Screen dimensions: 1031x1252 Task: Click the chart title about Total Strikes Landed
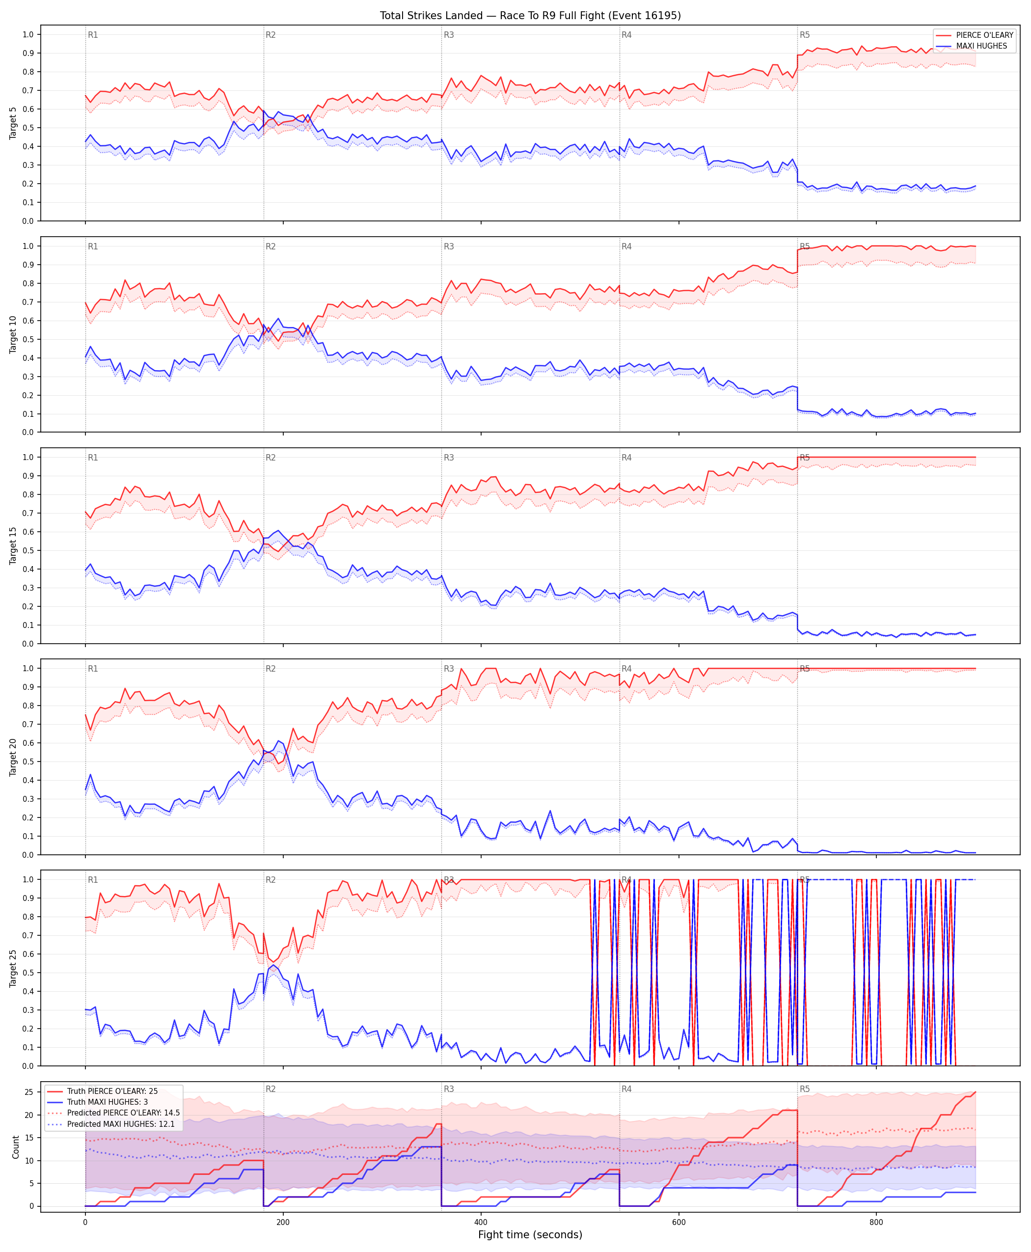tap(530, 15)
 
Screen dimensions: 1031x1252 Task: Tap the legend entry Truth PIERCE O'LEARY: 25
tap(112, 1091)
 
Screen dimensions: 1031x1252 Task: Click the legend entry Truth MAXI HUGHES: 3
tap(108, 1102)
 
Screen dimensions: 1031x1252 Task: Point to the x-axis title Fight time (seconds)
tap(530, 1235)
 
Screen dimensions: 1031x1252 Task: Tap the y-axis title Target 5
tap(13, 123)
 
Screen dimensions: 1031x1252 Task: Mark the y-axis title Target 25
tap(13, 968)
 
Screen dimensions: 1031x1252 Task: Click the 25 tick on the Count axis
tap(28, 1091)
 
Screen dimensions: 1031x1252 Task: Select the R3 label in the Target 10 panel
tap(449, 246)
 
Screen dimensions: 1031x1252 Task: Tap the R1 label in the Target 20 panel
tap(93, 669)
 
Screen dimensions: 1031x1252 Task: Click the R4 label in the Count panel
tap(626, 1089)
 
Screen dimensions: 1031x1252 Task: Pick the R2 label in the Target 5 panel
tap(271, 35)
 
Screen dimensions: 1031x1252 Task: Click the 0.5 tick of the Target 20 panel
tap(28, 762)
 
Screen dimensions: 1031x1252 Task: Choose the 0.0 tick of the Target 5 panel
tap(28, 221)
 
